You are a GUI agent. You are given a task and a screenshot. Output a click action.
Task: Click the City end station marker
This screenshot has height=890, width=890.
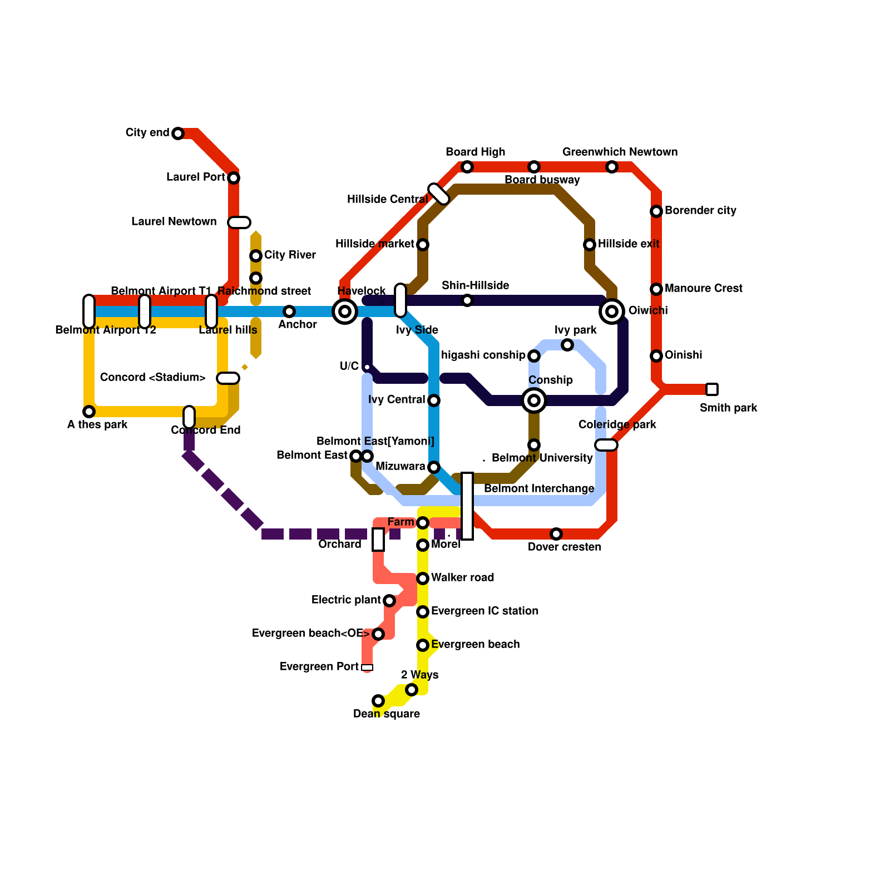[x=178, y=133]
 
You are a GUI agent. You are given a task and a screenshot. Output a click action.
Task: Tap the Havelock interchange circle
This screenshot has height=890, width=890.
[x=345, y=311]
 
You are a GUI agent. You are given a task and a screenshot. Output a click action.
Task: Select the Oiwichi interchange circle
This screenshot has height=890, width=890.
[x=612, y=311]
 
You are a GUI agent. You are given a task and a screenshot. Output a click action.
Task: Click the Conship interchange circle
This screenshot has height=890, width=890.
[x=534, y=400]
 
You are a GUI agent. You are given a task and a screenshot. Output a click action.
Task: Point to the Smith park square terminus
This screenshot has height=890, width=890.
[x=712, y=389]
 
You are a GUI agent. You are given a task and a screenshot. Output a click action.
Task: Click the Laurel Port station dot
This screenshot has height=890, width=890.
[x=234, y=178]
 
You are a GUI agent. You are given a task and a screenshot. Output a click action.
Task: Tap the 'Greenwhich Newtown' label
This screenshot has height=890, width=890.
[x=620, y=152]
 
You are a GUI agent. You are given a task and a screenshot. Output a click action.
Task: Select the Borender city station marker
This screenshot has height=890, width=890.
[x=656, y=211]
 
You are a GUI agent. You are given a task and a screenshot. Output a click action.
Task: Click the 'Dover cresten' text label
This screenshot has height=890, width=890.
[x=564, y=547]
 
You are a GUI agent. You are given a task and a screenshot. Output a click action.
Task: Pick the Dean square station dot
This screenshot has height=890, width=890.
[x=378, y=701]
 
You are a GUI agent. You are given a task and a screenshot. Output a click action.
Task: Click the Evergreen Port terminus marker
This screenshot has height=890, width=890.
[x=367, y=667]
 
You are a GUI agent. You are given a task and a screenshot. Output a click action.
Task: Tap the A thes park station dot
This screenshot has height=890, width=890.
[x=89, y=412]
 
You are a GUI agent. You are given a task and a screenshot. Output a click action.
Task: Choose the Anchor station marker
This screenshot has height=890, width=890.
[x=289, y=311]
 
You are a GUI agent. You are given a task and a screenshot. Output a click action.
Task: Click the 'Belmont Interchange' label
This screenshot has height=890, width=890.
[x=538, y=488]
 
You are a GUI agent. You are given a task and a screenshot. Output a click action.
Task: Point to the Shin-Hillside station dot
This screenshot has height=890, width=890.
[x=467, y=300]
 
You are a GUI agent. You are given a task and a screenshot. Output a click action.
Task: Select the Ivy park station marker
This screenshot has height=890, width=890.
[x=567, y=345]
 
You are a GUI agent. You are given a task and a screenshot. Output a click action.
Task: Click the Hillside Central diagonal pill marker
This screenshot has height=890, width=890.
[x=439, y=194]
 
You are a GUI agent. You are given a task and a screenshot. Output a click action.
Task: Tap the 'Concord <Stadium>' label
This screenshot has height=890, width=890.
[x=152, y=377]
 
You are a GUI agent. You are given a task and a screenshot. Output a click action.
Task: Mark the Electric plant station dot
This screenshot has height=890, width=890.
[x=389, y=601]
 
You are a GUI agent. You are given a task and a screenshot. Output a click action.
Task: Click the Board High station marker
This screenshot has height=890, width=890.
[x=467, y=167]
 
